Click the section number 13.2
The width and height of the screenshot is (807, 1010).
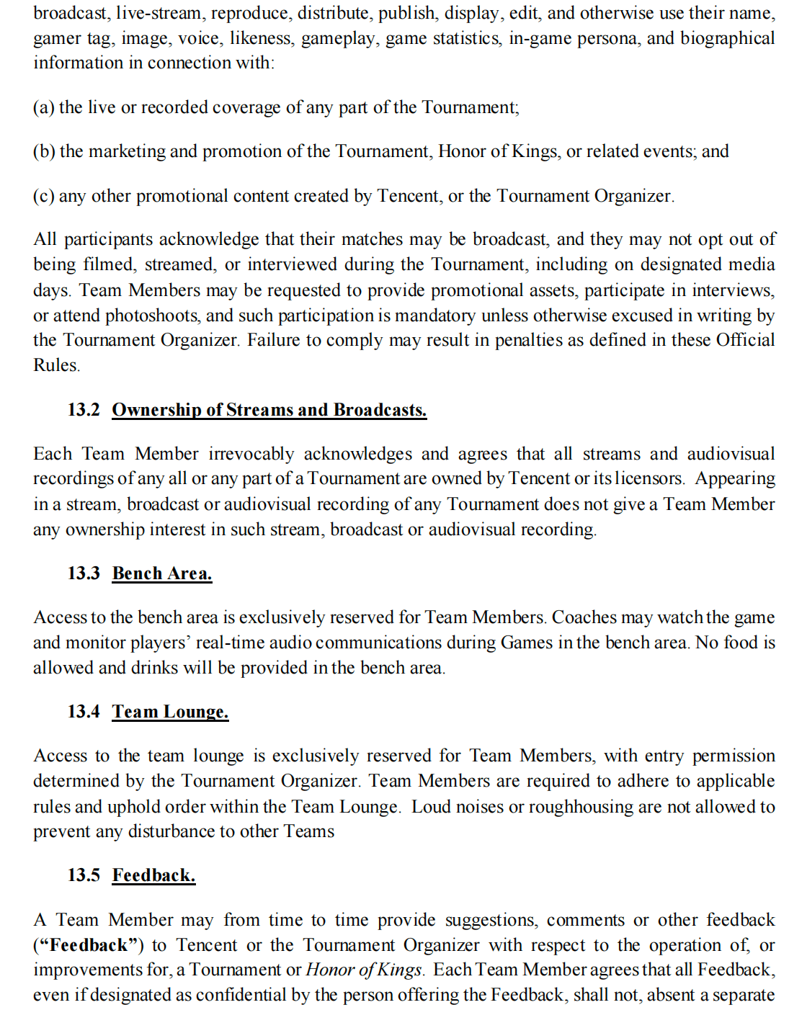coord(84,410)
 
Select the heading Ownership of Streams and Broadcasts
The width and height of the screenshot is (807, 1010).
coord(269,410)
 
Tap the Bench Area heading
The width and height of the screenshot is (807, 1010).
coord(162,573)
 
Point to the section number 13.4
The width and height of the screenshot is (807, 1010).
coord(84,712)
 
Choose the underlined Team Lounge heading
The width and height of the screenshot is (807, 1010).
coord(170,712)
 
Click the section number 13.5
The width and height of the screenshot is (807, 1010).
coord(84,875)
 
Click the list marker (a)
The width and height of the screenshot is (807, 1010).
coord(43,107)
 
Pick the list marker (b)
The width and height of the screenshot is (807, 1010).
coord(44,151)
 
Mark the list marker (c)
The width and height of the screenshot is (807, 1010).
coord(43,196)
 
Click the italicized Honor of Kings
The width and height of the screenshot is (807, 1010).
coord(363,970)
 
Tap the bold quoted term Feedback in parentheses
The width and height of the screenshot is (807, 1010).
coord(89,945)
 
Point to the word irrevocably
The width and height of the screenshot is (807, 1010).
coord(251,454)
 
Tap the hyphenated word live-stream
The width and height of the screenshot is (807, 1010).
coord(158,14)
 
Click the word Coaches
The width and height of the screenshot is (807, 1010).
coord(584,617)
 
